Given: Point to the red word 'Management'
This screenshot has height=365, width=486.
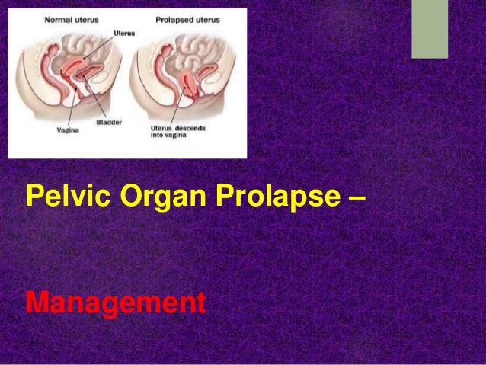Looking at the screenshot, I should (115, 303).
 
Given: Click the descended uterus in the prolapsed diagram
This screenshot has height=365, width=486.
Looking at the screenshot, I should (187, 84).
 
